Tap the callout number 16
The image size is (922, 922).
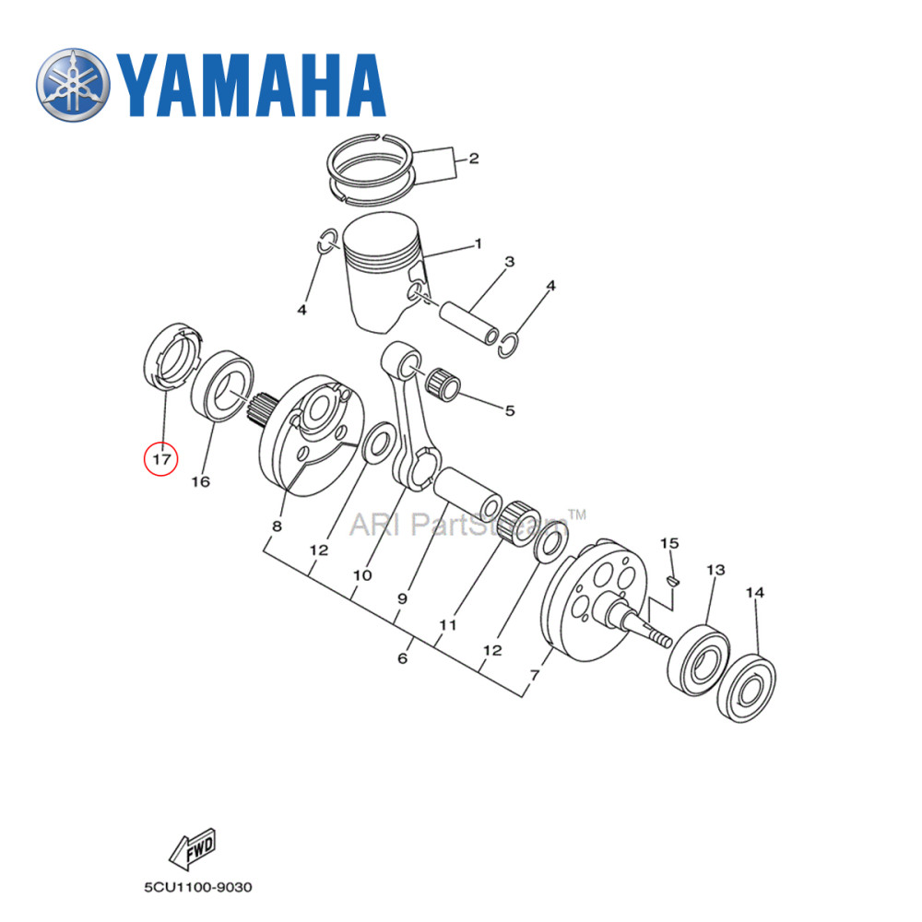tap(201, 481)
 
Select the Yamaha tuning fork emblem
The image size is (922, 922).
tap(73, 88)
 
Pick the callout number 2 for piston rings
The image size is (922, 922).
tap(473, 159)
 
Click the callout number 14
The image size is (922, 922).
tap(754, 594)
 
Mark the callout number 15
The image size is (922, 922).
tap(669, 543)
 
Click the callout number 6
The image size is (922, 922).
tap(402, 658)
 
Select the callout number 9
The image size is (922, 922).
tap(402, 598)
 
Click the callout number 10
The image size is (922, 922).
tap(361, 575)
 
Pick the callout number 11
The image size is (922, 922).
tap(448, 624)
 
